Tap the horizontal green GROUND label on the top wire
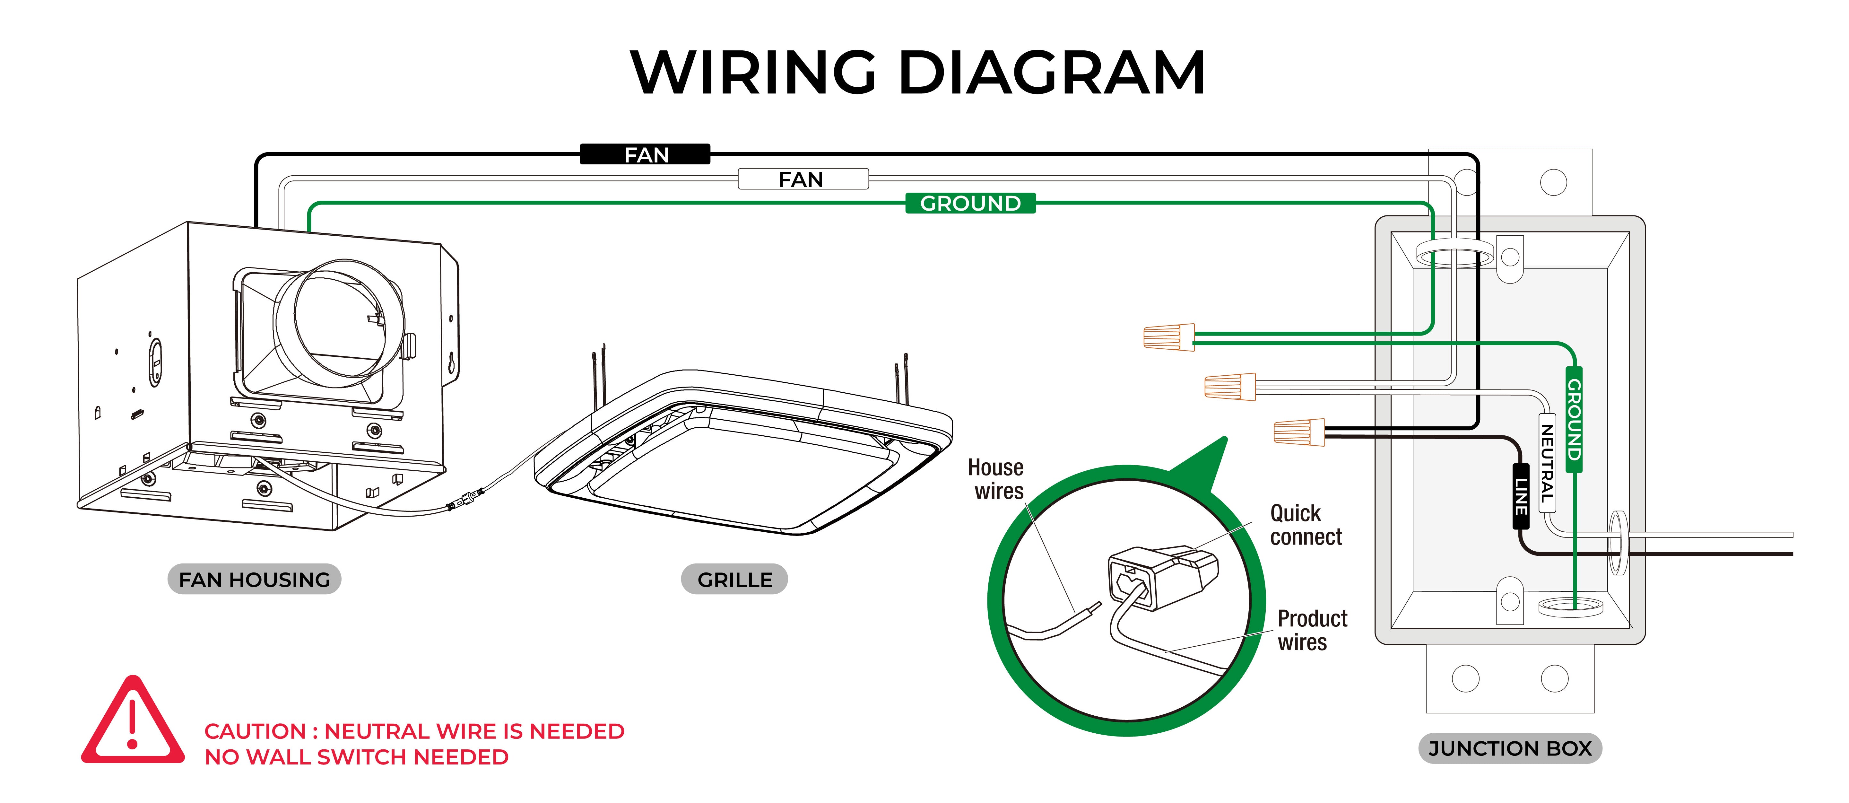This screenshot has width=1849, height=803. (x=970, y=203)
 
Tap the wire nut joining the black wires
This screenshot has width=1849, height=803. (x=1299, y=432)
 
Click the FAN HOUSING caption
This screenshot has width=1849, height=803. (x=254, y=579)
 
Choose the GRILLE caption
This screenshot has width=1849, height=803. (x=734, y=579)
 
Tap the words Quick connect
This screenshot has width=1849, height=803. (x=1306, y=525)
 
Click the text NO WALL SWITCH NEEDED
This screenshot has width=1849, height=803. (x=357, y=757)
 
